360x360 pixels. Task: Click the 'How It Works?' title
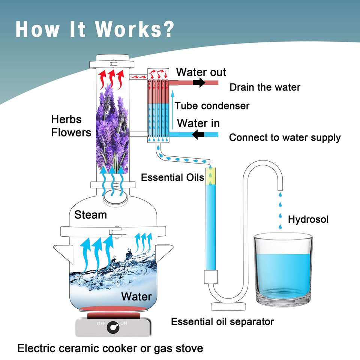(95, 28)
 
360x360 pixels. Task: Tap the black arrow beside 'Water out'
(199, 82)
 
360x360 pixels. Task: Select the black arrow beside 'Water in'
(198, 134)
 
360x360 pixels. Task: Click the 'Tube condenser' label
(212, 106)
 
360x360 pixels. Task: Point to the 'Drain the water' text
(265, 87)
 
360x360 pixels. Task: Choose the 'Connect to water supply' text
(285, 138)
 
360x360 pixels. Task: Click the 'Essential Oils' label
(172, 177)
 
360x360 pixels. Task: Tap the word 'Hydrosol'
(308, 219)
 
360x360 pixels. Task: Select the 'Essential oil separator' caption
(222, 321)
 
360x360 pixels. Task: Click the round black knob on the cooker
(111, 327)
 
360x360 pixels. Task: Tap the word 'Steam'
(90, 215)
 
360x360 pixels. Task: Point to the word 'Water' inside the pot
(136, 297)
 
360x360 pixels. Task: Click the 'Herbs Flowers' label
(71, 126)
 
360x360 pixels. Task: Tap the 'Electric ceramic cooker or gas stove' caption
(110, 348)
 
